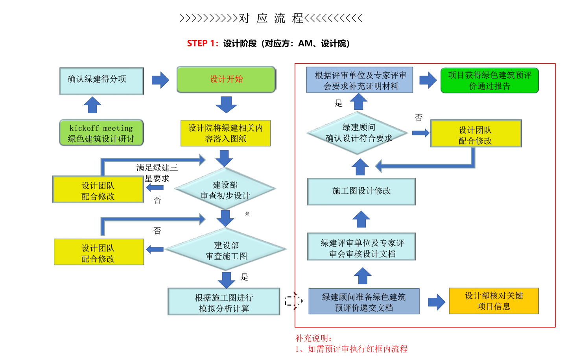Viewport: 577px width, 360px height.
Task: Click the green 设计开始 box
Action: [x=226, y=79]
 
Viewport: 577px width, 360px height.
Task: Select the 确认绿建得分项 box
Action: [x=101, y=81]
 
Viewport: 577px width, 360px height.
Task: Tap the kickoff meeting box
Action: [x=101, y=133]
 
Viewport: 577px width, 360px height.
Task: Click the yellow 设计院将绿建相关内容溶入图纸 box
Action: [x=225, y=133]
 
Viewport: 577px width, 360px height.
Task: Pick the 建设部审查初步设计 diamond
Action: [x=225, y=190]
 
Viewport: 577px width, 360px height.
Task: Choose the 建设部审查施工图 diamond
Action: [x=226, y=250]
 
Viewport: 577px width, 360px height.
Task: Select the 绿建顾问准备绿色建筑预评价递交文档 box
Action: [x=364, y=302]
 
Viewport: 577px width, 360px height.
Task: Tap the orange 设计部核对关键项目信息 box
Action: [x=494, y=301]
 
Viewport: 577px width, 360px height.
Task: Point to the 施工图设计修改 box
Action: [x=361, y=191]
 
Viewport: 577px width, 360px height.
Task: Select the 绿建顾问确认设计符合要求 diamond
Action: [x=358, y=133]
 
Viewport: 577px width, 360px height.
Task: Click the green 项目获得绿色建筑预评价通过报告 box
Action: [x=489, y=81]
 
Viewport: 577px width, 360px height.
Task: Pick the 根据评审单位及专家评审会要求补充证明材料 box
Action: [x=359, y=80]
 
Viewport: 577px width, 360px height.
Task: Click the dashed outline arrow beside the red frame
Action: [x=293, y=301]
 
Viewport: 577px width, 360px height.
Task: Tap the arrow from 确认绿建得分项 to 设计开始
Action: [x=160, y=80]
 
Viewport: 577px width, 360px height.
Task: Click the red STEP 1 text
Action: [x=202, y=44]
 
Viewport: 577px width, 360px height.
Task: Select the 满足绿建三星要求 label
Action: [x=157, y=173]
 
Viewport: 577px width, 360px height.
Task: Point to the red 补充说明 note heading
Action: [x=313, y=338]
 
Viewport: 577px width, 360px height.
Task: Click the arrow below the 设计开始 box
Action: [x=226, y=104]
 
